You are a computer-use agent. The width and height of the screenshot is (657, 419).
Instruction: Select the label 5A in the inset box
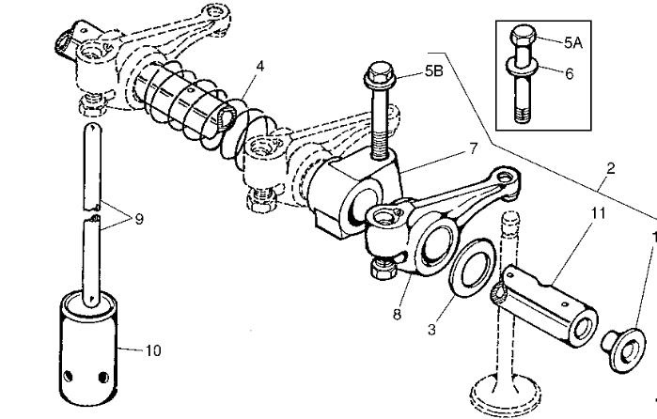(x=574, y=42)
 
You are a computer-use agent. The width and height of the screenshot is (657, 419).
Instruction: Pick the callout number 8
(x=397, y=315)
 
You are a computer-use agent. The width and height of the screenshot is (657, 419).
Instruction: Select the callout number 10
(x=153, y=350)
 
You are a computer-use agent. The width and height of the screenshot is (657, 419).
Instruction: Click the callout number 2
(x=611, y=169)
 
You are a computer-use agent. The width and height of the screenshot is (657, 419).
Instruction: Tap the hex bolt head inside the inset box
(x=521, y=40)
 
